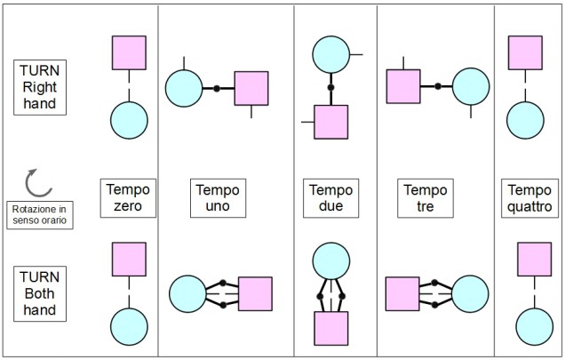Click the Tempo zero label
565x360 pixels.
coord(129,198)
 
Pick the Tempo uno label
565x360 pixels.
coord(218,198)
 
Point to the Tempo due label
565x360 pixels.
coord(330,198)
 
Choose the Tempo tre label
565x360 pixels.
coord(425,198)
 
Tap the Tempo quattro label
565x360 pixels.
coord(529,198)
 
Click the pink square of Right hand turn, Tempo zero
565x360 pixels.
coord(129,52)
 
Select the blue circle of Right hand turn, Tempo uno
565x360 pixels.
coord(184,88)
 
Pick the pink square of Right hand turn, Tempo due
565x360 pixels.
coord(330,122)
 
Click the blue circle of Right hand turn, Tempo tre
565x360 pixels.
coord(471,86)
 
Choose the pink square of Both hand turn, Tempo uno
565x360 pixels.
coord(255,293)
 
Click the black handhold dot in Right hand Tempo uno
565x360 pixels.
coord(216,88)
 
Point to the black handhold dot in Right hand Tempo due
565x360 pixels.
coord(330,89)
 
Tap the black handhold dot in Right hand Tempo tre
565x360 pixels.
coord(437,86)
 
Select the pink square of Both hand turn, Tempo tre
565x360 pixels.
coord(402,293)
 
